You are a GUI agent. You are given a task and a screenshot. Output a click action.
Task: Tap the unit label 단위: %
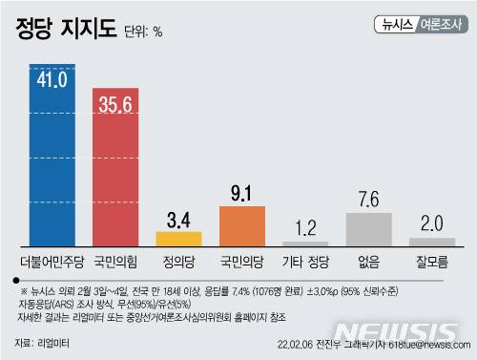(x=144, y=32)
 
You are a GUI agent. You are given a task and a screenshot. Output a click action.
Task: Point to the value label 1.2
(x=305, y=227)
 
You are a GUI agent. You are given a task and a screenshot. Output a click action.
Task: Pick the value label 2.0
(x=431, y=223)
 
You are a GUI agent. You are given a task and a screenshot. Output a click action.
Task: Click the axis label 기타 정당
(x=305, y=260)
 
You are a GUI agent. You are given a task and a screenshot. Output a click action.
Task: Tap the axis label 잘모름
(x=431, y=260)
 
